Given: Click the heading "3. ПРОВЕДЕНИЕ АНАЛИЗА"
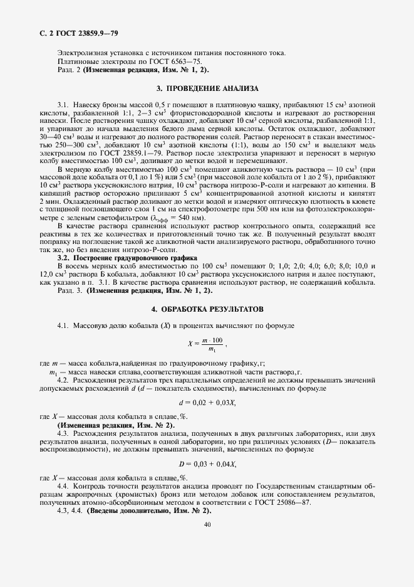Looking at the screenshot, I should [x=207, y=88].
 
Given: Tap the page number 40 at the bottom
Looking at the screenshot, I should [x=207, y=526].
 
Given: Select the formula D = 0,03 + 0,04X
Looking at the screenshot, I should [x=207, y=463].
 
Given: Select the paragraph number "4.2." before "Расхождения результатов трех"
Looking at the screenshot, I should [x=63, y=381].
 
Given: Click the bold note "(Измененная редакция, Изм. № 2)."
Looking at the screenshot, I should [x=116, y=425].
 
